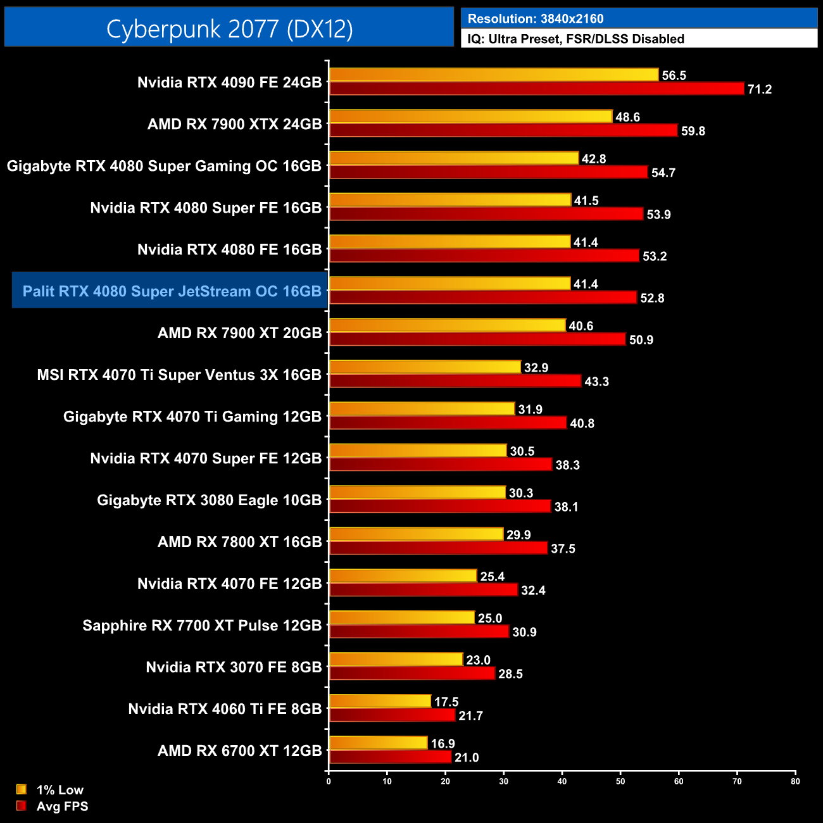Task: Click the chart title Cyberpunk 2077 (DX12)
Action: (x=229, y=29)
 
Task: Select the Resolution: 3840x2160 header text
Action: (x=535, y=19)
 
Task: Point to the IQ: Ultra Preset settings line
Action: (x=575, y=39)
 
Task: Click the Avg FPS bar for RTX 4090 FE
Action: (x=536, y=89)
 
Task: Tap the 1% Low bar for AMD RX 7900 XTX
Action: (x=470, y=116)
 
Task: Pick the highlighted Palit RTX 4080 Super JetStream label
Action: (x=172, y=291)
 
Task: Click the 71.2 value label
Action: (x=759, y=89)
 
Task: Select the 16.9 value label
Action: (x=443, y=743)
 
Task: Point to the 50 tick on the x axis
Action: (x=620, y=781)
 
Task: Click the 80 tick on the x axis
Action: (x=795, y=781)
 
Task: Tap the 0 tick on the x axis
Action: (x=329, y=781)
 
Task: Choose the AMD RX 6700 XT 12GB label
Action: (x=239, y=751)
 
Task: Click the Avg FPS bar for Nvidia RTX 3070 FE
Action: (x=412, y=674)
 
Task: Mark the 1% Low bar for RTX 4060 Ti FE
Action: (x=380, y=701)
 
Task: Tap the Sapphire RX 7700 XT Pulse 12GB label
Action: (x=202, y=625)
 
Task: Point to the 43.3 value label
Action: (x=596, y=382)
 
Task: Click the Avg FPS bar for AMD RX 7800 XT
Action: (x=438, y=548)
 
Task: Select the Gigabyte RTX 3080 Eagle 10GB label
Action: (x=209, y=500)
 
